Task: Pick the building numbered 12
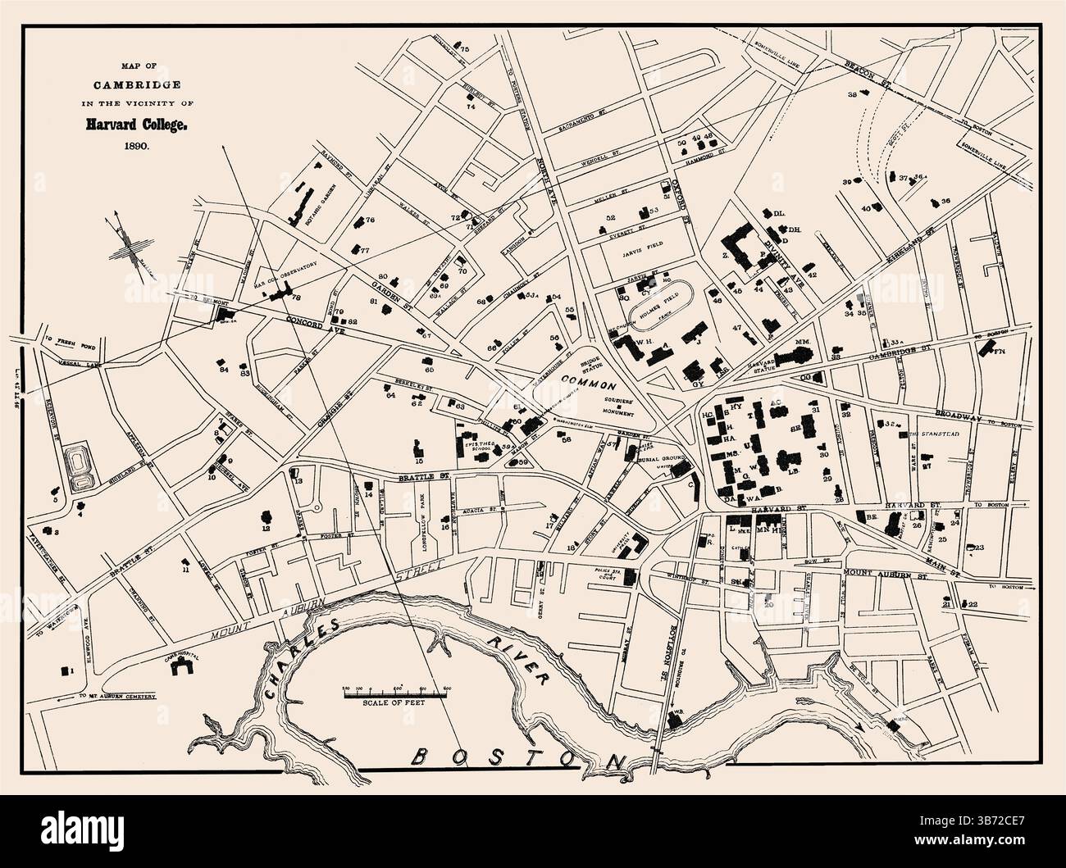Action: pos(266,517)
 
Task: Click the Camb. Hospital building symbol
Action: pos(180,666)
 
